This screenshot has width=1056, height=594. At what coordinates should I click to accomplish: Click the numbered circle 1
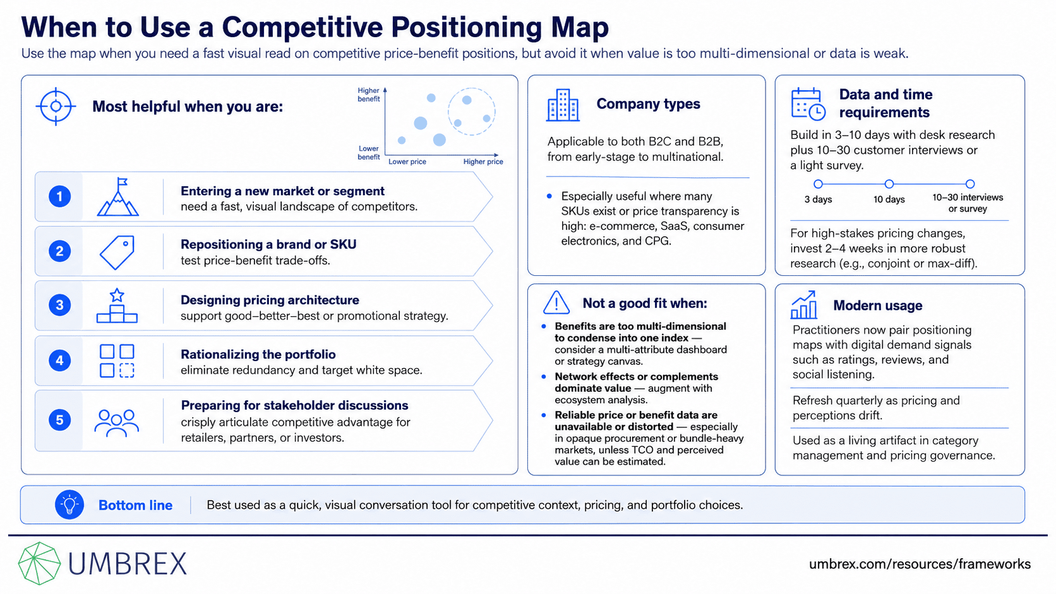click(59, 196)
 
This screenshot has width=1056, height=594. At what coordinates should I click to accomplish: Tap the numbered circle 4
click(59, 360)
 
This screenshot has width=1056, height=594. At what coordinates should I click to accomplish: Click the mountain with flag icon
click(118, 197)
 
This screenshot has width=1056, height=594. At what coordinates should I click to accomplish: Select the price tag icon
click(117, 252)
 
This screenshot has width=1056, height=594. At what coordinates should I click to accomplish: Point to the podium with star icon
click(117, 306)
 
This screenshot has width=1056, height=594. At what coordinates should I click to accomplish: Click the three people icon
click(116, 423)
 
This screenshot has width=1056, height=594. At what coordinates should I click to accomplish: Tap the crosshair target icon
click(56, 107)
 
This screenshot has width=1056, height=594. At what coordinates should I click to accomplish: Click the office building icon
click(562, 105)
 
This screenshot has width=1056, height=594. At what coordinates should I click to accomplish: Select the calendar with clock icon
click(808, 104)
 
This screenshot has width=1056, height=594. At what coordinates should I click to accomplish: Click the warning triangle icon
click(556, 302)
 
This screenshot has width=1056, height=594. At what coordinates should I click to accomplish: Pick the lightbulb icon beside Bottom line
click(69, 504)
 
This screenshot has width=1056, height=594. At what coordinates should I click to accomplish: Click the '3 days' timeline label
click(818, 199)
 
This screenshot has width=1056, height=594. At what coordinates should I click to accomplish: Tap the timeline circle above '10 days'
click(889, 184)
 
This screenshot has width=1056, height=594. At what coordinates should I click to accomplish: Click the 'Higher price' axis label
click(483, 162)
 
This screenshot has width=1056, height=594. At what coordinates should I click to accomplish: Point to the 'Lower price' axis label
click(407, 162)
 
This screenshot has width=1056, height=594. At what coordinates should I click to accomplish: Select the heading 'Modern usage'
click(877, 306)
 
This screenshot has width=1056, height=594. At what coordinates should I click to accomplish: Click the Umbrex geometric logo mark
click(39, 563)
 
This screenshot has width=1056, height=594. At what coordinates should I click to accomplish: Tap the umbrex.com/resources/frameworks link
click(920, 564)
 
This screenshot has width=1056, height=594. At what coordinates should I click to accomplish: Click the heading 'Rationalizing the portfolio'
click(258, 354)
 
